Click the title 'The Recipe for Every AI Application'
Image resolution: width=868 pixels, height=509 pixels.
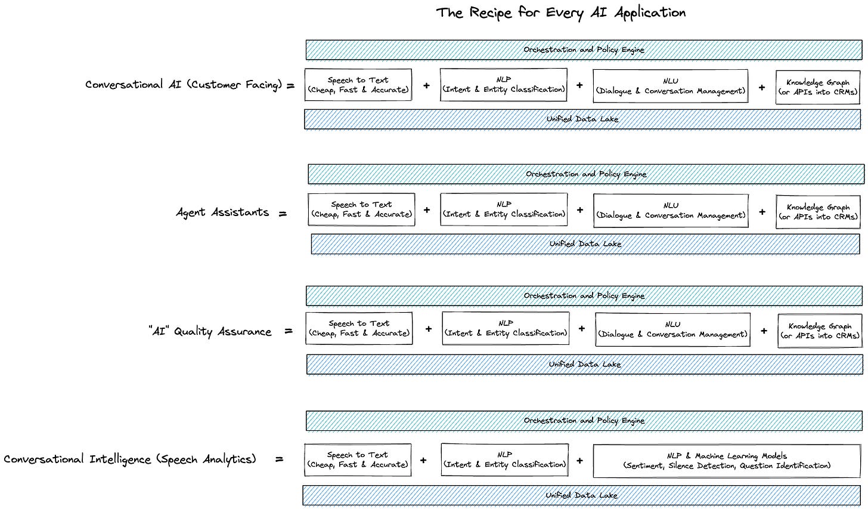coord(561,13)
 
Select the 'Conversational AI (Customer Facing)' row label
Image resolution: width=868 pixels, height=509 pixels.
coord(184,85)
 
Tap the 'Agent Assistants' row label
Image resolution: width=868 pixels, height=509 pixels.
coord(222,212)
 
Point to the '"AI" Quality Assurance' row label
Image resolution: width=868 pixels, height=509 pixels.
coord(210,332)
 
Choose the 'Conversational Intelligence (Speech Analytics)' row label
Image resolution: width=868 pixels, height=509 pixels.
coord(130,459)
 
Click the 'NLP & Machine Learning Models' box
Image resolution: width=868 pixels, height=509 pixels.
coord(727,461)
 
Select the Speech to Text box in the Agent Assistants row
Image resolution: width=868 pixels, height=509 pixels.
coord(361,209)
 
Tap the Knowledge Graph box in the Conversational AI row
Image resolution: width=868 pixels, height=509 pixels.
coord(818,87)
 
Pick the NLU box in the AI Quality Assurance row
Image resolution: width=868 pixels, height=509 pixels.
coord(672,329)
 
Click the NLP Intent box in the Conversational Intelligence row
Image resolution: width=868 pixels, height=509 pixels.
coord(505,459)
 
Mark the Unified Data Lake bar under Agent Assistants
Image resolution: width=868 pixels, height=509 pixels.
coord(585,244)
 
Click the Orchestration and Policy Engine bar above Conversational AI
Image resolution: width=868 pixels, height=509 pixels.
coord(584,50)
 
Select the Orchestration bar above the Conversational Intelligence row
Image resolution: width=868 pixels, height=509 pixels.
coord(584,421)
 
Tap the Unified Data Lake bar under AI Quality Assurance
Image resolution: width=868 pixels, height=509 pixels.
coord(585,364)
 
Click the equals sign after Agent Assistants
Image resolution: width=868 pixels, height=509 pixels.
coord(283,214)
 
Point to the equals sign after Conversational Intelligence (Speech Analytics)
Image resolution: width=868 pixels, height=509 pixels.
coord(280,459)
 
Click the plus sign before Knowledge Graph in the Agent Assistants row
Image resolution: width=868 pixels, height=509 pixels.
coord(762,212)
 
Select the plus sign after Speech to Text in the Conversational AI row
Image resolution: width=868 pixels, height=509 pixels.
coord(426,85)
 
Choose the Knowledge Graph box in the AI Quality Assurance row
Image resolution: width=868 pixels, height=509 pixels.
coord(820,331)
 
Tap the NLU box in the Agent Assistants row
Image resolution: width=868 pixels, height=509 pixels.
coord(671,211)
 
